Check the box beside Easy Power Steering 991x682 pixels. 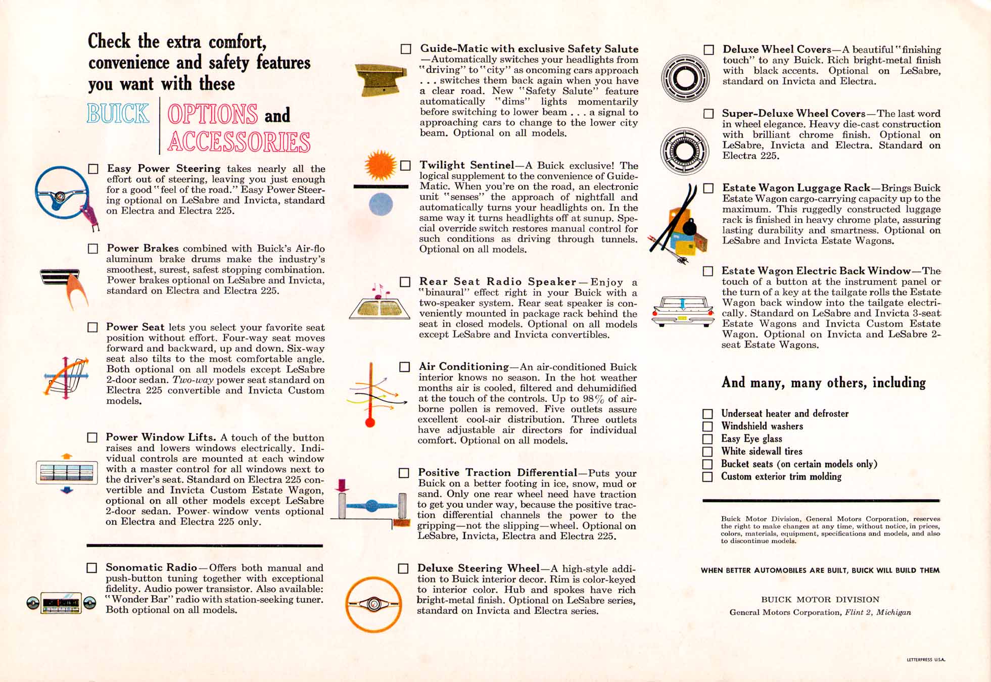click(93, 169)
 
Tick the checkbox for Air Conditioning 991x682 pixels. click(405, 367)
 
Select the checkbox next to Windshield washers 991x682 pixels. click(707, 426)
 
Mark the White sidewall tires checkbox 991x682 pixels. click(707, 452)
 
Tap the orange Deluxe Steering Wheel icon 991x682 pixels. click(373, 604)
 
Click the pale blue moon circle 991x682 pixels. click(381, 205)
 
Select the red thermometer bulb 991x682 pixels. click(370, 422)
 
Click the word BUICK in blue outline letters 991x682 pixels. click(118, 114)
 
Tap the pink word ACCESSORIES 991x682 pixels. click(239, 142)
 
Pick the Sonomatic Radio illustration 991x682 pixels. click(61, 603)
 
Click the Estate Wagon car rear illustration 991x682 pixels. click(683, 311)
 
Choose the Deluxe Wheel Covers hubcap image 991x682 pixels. click(685, 78)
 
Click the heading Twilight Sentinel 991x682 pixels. click(466, 165)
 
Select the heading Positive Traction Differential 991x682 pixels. click(497, 473)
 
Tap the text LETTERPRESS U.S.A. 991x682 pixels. click(925, 660)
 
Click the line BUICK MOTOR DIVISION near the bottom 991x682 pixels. click(820, 600)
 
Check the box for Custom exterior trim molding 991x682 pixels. click(707, 477)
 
